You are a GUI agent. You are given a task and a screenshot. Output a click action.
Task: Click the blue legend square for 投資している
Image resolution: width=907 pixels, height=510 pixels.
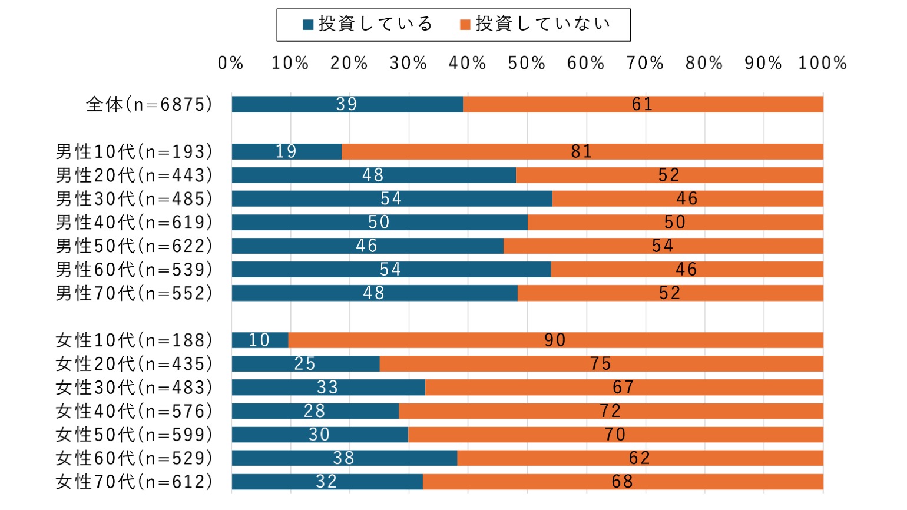point(308,25)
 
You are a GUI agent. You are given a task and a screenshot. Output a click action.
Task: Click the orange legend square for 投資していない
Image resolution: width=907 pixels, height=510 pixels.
point(465,25)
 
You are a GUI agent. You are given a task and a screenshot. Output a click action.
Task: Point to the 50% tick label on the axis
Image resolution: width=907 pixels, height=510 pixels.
point(527,63)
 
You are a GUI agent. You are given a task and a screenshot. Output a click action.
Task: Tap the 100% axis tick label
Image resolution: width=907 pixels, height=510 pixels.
point(822,63)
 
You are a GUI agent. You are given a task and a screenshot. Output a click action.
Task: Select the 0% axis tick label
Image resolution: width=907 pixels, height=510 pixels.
point(230,63)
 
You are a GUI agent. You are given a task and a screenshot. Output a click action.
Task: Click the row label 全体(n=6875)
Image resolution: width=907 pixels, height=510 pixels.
point(149,104)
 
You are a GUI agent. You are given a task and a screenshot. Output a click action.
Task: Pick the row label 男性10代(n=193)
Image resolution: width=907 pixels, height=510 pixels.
point(134,151)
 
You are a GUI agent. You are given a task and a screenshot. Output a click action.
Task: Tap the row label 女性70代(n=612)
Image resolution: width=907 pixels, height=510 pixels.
point(134,482)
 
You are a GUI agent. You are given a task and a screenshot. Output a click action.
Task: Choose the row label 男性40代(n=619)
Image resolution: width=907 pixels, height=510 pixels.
point(134,222)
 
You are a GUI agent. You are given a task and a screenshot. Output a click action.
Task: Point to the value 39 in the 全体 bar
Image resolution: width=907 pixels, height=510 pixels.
point(346,104)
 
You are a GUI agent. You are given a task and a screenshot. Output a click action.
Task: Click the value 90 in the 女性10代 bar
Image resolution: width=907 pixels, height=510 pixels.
point(555,340)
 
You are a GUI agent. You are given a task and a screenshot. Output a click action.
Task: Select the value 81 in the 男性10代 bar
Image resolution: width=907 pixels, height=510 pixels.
point(581,151)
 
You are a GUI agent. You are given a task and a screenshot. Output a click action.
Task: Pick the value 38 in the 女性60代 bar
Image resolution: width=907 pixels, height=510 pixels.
point(343,458)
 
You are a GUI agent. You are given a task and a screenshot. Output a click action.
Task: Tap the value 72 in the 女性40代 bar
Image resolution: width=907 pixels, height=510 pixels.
point(610,410)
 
